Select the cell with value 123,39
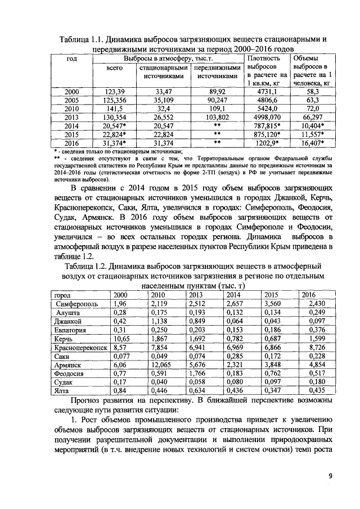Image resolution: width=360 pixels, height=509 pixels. point(114,91)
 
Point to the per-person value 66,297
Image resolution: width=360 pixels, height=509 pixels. point(317,118)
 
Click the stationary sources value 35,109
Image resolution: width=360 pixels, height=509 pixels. point(163,100)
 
